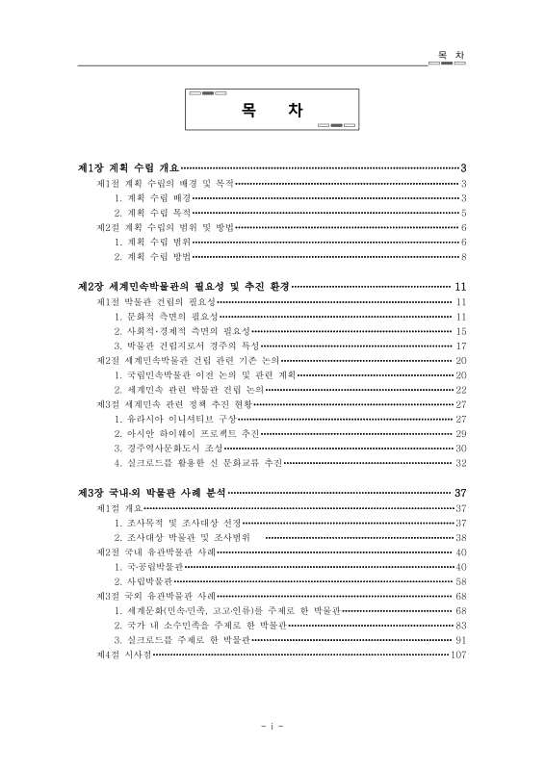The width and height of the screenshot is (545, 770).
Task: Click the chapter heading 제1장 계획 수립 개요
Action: coord(129,167)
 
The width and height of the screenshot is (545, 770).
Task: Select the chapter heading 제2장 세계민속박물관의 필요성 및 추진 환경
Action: coord(183,287)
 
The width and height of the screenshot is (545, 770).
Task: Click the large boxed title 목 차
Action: coord(272,110)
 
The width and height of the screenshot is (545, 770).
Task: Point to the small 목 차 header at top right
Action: coord(449,56)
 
